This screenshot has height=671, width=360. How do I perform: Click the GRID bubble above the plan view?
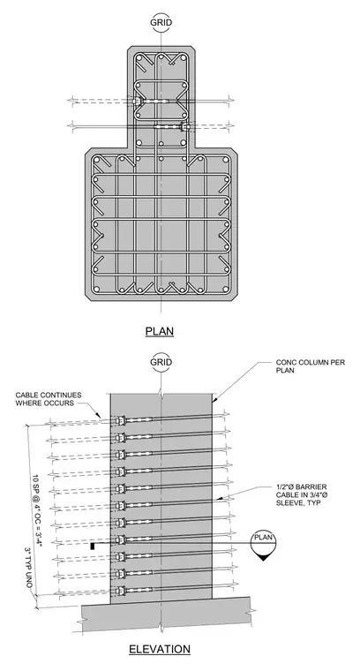161,23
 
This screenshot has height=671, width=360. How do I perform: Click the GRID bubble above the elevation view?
161,362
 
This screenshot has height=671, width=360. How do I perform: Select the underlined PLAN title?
160,331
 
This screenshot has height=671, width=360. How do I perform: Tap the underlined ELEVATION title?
160,649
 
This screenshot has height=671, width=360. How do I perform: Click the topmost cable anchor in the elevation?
120,421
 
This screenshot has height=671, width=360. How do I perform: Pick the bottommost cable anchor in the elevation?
120,591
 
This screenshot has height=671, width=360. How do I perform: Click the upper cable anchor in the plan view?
136,102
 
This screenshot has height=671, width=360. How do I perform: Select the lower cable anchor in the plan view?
185,127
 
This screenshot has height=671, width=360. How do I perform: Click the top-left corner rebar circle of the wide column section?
97,161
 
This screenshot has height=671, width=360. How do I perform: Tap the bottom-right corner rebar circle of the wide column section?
225,290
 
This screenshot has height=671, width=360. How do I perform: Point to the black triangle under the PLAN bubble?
263,557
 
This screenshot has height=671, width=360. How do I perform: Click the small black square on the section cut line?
92,546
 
